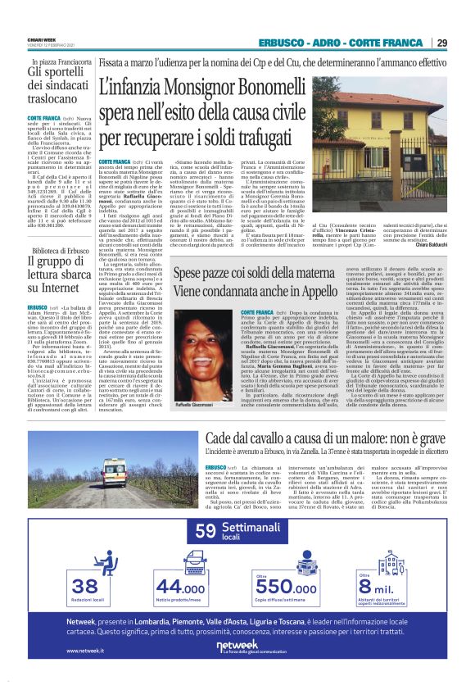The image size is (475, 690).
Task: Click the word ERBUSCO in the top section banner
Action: (280, 43)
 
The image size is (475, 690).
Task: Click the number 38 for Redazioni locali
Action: (85, 585)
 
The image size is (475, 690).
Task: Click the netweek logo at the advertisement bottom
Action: (237, 647)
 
